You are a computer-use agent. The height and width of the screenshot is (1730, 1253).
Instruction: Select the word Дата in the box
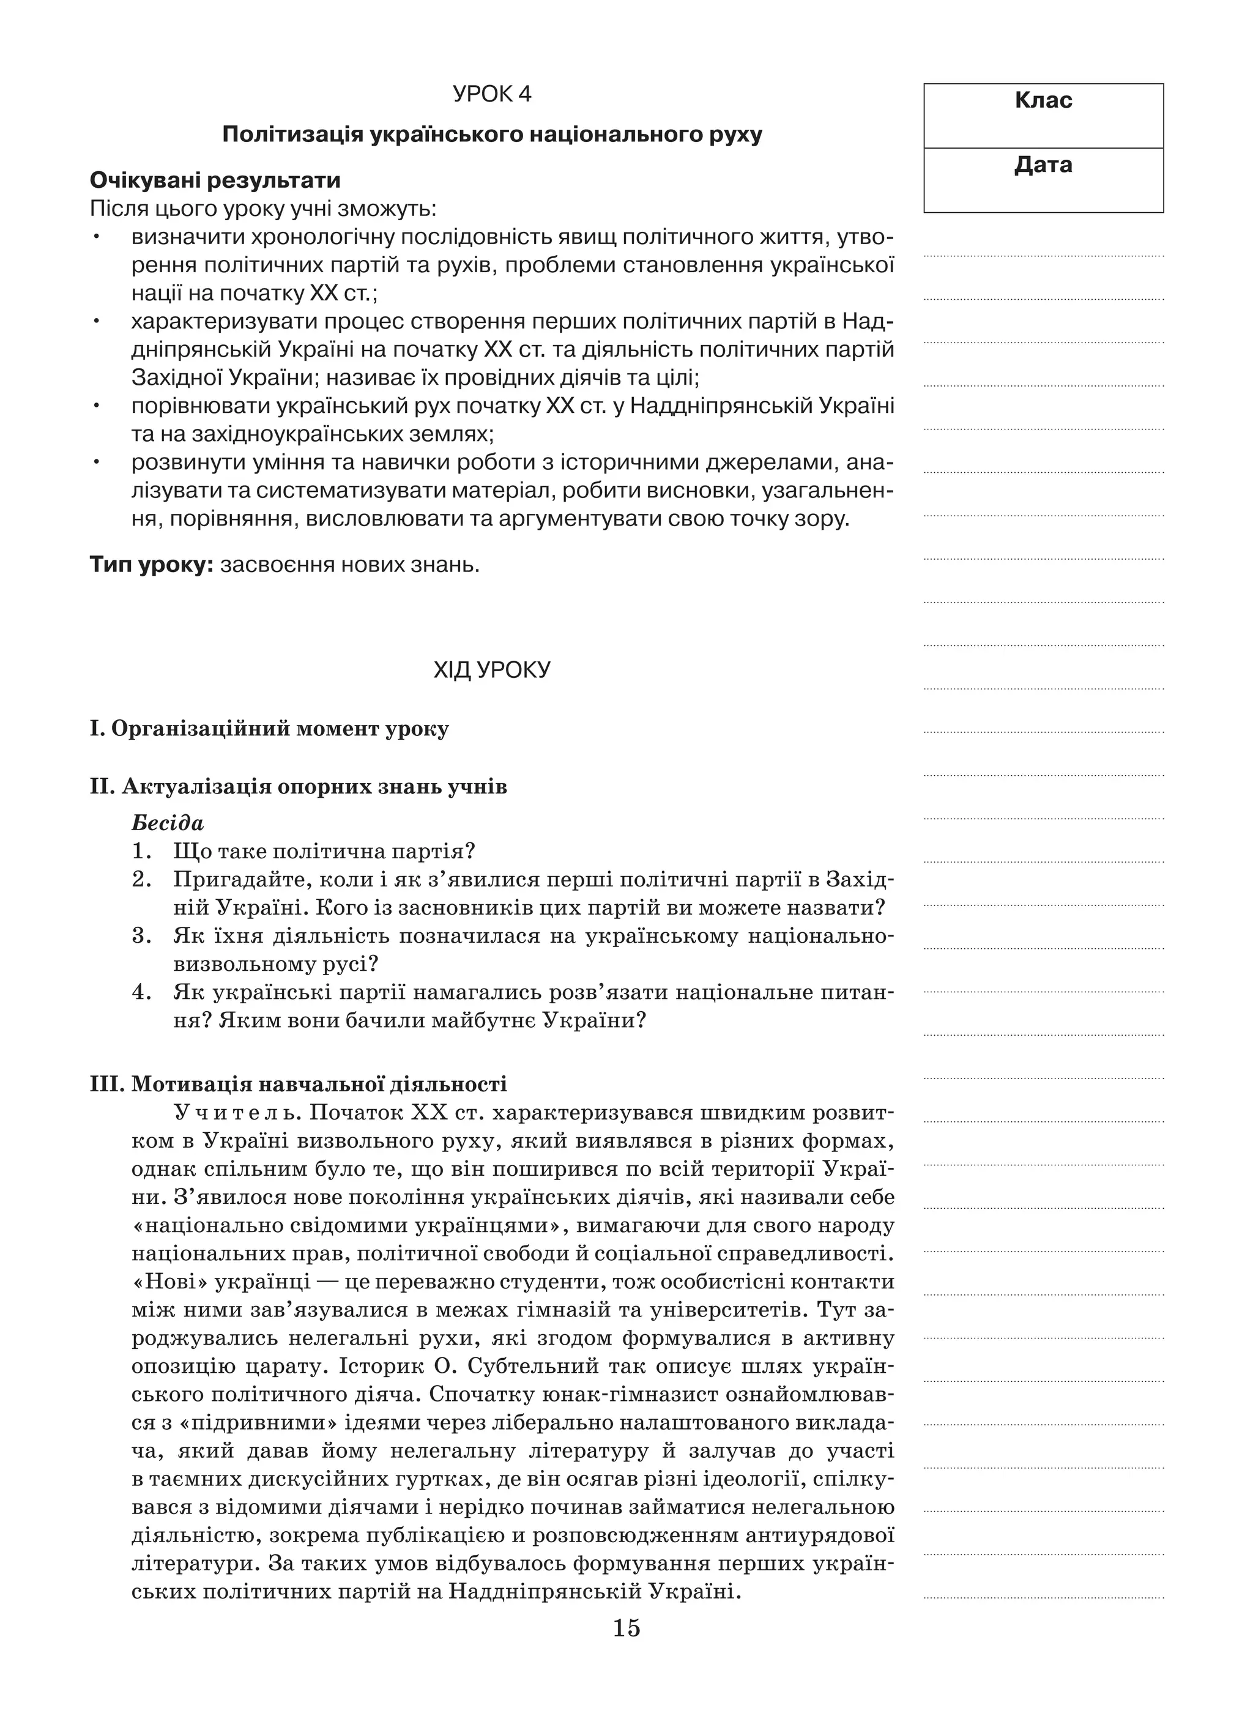(x=1043, y=165)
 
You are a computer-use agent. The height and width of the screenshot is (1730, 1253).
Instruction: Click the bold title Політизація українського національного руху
(x=491, y=135)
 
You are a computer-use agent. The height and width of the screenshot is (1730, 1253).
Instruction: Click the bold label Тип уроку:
(x=151, y=565)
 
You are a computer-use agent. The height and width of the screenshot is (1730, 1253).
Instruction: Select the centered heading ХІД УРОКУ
(x=491, y=670)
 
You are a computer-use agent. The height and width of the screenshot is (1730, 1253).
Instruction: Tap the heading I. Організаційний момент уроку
(x=269, y=729)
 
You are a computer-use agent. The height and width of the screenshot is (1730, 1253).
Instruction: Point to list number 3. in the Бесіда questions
(x=141, y=936)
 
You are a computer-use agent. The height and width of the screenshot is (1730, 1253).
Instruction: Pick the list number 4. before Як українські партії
(x=141, y=992)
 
